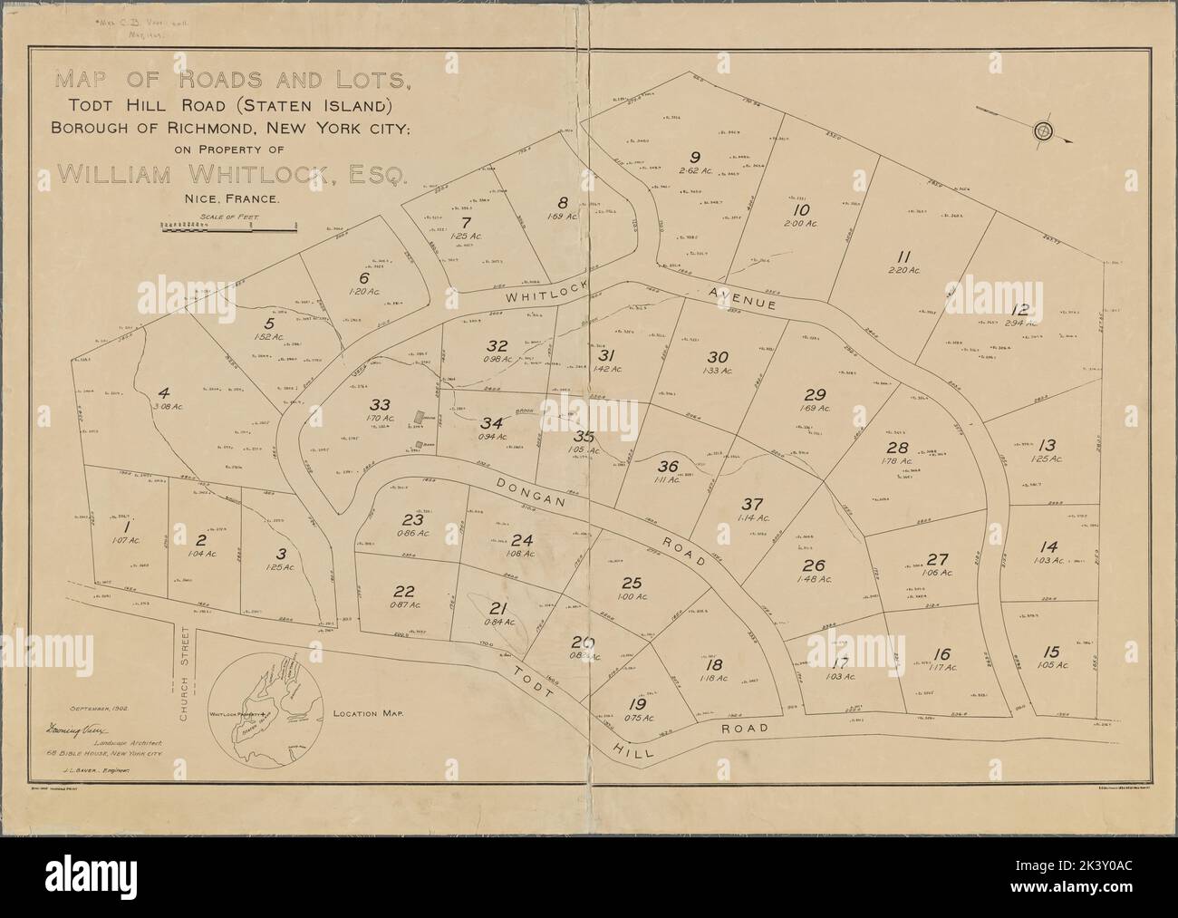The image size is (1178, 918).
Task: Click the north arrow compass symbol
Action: [1043, 130]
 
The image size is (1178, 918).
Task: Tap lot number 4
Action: [164, 392]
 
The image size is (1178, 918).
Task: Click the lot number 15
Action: [1051, 651]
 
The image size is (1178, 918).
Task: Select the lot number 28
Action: [896, 448]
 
